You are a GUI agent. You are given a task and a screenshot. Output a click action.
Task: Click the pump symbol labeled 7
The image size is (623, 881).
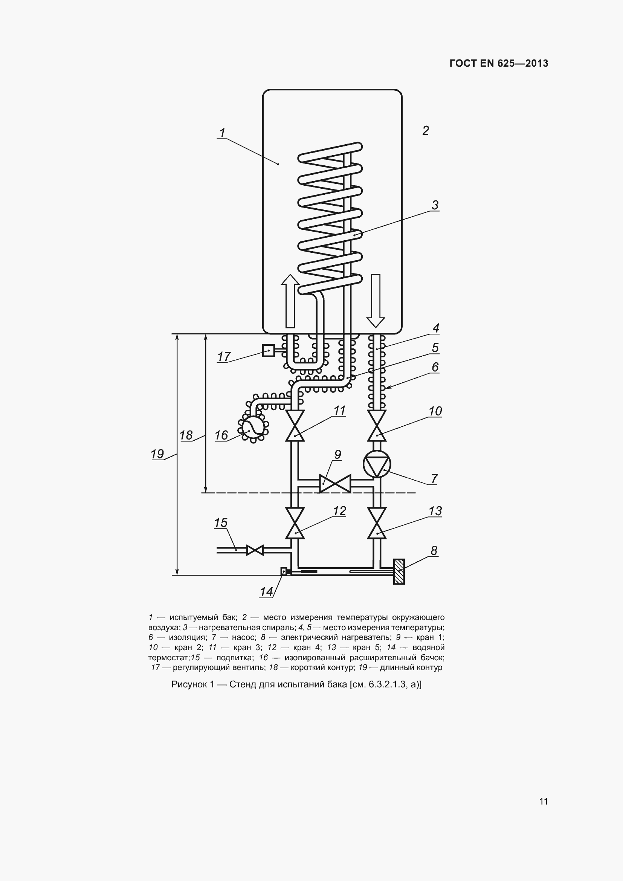[x=376, y=464]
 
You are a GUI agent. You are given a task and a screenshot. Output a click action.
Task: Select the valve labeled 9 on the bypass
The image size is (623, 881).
[x=335, y=483]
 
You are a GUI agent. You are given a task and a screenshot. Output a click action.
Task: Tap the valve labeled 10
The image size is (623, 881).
[x=376, y=426]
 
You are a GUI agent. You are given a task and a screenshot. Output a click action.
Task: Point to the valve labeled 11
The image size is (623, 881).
[x=295, y=426]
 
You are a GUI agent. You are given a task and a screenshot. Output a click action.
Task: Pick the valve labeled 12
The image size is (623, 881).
[x=295, y=523]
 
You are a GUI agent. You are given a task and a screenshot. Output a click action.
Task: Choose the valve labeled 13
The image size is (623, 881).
[x=376, y=523]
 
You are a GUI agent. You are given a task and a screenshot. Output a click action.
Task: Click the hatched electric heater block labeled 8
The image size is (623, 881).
[x=399, y=571]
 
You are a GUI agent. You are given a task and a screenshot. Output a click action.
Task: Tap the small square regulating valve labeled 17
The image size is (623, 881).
[x=268, y=350]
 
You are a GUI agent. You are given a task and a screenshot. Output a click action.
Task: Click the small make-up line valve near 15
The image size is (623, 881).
[x=255, y=550]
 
